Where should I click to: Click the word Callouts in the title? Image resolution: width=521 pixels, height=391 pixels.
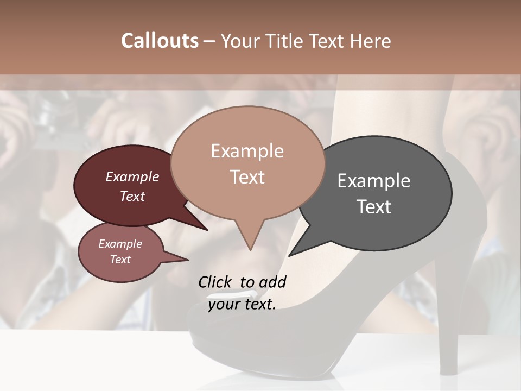pyautogui.click(x=160, y=41)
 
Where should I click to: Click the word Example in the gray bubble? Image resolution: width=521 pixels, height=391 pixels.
pyautogui.click(x=373, y=180)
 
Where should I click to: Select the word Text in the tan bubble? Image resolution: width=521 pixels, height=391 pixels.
pyautogui.click(x=247, y=177)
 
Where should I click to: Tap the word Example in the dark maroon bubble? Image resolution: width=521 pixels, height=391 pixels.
pyautogui.click(x=132, y=176)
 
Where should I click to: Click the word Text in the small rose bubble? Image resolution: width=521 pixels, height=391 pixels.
pyautogui.click(x=120, y=260)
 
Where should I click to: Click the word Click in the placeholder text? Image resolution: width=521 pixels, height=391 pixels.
pyautogui.click(x=215, y=282)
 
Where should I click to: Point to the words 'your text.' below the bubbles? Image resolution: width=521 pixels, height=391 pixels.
pyautogui.click(x=242, y=304)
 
